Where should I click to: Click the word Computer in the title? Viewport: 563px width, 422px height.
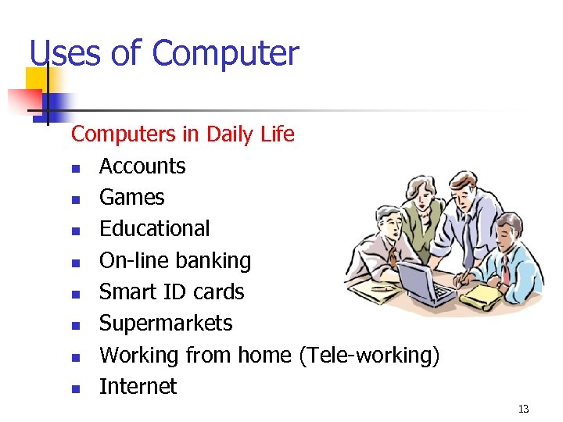(225, 54)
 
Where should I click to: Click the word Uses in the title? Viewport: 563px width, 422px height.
(65, 54)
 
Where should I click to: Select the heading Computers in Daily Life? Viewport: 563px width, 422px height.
(182, 134)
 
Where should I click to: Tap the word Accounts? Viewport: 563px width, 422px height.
(142, 166)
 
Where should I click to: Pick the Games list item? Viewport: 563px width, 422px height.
(131, 197)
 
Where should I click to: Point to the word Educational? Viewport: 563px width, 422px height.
(155, 228)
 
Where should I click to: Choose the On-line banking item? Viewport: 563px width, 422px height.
(175, 260)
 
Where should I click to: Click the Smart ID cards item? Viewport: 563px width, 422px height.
(172, 291)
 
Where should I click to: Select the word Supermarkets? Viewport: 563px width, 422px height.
(166, 323)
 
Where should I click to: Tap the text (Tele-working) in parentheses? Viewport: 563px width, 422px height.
(369, 356)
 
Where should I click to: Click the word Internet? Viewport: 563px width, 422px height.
(138, 386)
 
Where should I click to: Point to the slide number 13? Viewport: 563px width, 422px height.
(523, 409)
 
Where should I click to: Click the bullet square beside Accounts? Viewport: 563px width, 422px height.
(75, 168)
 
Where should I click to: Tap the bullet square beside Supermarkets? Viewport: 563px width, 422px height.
(75, 325)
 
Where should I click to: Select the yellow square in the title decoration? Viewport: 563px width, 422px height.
(37, 78)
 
